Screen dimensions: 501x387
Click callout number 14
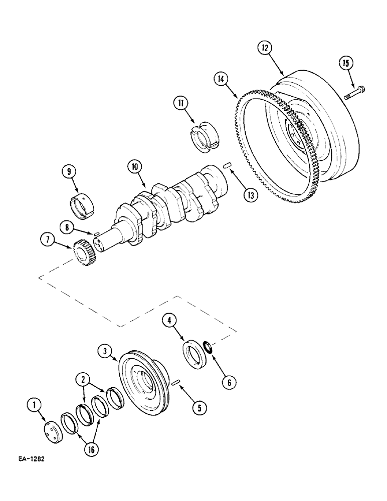[x=221, y=79]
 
